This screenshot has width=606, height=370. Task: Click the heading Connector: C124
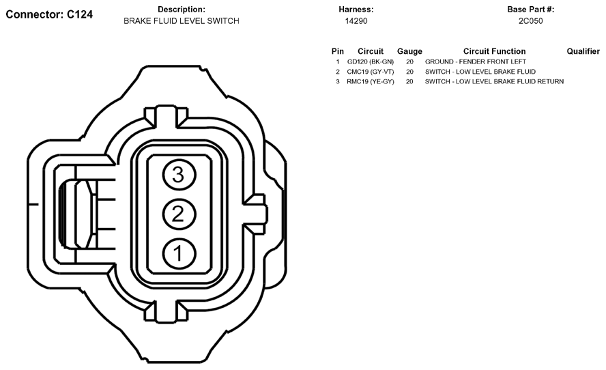(49, 15)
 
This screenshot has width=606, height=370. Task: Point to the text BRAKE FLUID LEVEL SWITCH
(182, 21)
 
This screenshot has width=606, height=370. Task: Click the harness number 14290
(356, 21)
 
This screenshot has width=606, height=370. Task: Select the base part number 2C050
(531, 21)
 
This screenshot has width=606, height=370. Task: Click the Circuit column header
(371, 51)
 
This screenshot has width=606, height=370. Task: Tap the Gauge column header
(409, 51)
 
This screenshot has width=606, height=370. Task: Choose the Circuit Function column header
(494, 51)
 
